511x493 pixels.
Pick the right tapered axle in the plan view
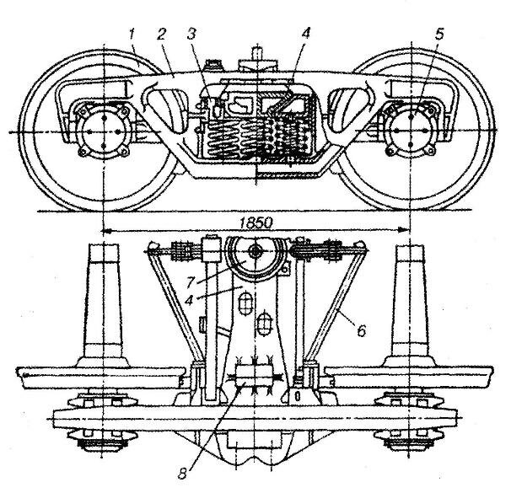point(408,303)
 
